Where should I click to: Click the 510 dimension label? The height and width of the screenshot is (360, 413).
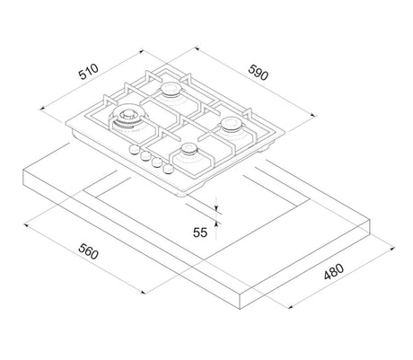coord(89,72)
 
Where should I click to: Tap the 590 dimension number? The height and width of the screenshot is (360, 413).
coord(258,72)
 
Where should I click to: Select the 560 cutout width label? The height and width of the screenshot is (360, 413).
coord(88,251)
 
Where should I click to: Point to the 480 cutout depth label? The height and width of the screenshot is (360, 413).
coord(334,271)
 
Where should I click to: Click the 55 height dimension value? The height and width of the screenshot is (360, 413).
coord(200,233)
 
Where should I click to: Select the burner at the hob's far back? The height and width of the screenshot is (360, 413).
coord(171,89)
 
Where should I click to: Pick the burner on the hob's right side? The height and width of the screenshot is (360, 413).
coord(231,124)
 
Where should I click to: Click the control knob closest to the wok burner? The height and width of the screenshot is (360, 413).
coord(135,149)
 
